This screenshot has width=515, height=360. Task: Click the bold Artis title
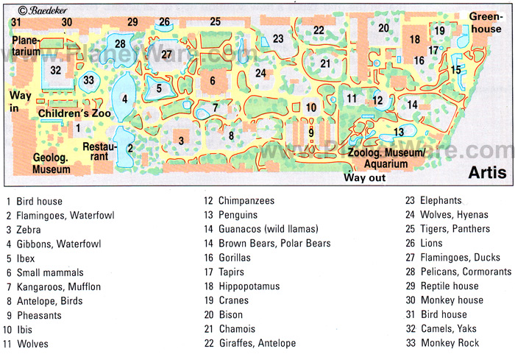click(x=486, y=173)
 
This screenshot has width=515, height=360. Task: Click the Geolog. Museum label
click(x=51, y=163)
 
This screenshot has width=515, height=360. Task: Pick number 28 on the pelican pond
click(x=121, y=43)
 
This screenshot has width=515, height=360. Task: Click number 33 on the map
click(x=89, y=80)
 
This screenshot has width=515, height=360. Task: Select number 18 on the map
click(x=415, y=39)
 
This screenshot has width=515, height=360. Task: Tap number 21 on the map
click(x=325, y=63)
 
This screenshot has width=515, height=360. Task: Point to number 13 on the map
click(x=399, y=132)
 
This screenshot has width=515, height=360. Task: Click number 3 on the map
click(x=180, y=141)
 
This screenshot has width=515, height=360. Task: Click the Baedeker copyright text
click(x=40, y=10)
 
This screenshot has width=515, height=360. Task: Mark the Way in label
click(x=18, y=102)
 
